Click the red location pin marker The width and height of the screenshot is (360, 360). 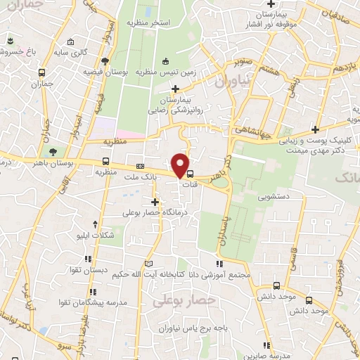181,166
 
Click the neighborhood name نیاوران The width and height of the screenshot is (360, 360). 229,82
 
